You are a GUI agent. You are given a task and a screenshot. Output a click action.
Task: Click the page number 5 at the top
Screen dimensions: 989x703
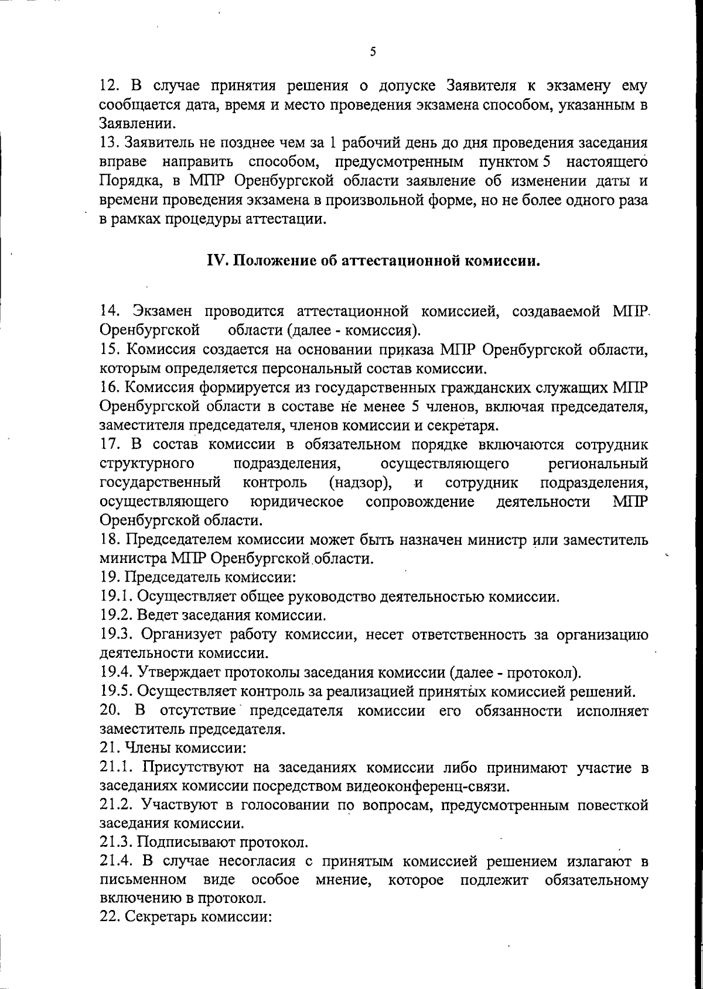click(373, 52)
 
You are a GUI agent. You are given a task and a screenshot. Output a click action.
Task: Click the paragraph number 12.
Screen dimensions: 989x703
click(109, 87)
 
